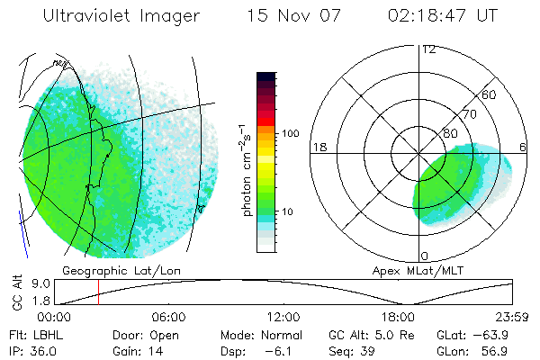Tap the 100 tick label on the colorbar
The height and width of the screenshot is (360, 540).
(x=291, y=133)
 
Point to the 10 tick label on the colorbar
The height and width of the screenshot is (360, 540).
(x=288, y=211)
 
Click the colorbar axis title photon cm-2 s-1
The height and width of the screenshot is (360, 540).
(x=245, y=169)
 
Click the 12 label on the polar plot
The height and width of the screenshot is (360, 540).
(x=428, y=49)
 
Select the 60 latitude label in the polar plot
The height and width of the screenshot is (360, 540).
(x=490, y=94)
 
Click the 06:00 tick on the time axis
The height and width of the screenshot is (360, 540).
(x=168, y=317)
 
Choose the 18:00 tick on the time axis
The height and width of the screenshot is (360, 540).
(x=398, y=317)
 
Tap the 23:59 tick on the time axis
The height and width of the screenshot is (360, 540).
(x=513, y=317)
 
